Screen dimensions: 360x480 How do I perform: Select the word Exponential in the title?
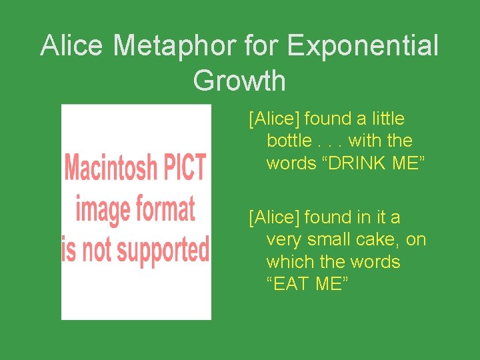363,46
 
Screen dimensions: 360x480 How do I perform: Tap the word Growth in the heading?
239,81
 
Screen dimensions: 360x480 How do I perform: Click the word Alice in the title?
72,46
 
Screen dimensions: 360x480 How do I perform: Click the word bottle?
289,141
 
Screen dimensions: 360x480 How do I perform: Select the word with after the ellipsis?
363,141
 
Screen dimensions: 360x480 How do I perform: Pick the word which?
289,261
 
